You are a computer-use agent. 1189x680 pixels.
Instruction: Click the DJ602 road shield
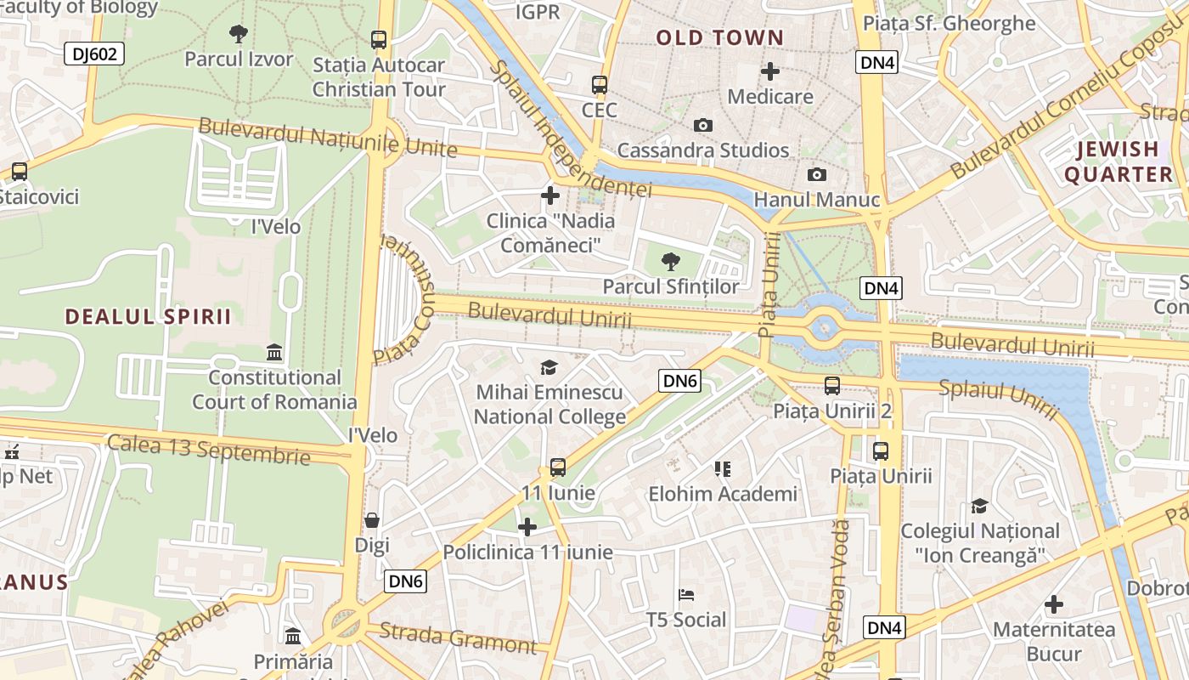94,54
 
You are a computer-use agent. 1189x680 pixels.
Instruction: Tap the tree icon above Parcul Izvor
239,34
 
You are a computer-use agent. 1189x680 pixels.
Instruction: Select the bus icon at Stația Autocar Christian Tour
379,39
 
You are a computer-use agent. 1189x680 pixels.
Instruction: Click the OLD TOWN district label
719,37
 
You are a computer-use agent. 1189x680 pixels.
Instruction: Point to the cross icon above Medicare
770,71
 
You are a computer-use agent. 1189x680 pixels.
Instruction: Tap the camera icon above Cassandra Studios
703,126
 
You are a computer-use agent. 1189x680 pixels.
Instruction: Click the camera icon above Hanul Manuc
817,175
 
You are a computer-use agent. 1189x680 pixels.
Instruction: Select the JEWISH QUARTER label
1118,161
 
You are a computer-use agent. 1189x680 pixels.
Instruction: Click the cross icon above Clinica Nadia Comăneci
550,195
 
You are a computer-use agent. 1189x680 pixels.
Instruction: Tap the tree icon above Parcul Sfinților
671,262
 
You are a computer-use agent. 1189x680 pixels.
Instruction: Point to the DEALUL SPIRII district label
148,316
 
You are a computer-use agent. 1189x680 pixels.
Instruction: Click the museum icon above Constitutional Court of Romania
274,352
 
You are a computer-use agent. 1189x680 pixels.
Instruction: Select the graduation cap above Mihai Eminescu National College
549,367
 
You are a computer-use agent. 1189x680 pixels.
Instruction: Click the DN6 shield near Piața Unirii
679,381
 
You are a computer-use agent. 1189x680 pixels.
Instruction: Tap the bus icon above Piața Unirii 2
832,386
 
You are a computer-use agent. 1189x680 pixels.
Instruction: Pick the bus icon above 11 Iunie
558,467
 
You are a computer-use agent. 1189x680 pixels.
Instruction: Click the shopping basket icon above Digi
372,520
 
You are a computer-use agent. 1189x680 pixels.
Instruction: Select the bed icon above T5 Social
686,595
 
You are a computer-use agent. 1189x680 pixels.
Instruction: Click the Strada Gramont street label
458,637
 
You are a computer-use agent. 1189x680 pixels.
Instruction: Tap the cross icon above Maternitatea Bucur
1054,604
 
